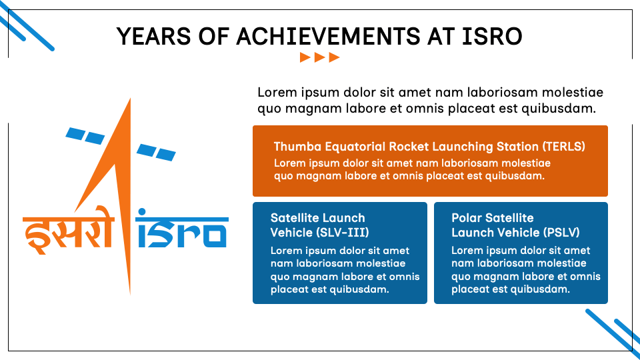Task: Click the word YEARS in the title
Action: point(153,36)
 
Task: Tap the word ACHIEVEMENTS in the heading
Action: point(329,36)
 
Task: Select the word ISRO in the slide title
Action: point(492,36)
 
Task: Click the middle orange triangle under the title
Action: point(319,57)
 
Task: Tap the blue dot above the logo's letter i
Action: point(141,212)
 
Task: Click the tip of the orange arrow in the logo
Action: point(130,99)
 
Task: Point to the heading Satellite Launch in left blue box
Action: point(318,218)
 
